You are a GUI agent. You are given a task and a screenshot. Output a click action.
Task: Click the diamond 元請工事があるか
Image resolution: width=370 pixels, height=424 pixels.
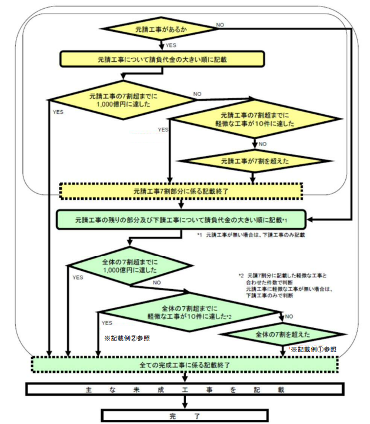coord(161,29)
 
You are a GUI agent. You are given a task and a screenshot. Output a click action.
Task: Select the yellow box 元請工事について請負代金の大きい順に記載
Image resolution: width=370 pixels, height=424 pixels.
coord(162,59)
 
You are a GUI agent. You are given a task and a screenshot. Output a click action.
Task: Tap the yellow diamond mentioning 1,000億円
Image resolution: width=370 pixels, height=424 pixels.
coord(123,100)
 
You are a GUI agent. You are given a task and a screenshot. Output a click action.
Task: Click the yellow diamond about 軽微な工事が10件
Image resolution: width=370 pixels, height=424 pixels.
coord(255,119)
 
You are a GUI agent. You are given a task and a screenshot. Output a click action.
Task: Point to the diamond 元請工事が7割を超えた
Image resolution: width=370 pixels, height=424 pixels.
coord(255,161)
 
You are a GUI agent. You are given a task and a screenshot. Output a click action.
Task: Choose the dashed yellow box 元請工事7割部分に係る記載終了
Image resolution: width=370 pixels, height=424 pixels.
coord(181,191)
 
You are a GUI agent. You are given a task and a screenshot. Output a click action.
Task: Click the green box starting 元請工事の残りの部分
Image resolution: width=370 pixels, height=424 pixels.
coord(181,220)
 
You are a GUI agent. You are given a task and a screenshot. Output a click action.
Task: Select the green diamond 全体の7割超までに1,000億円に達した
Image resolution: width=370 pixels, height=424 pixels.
coord(130,266)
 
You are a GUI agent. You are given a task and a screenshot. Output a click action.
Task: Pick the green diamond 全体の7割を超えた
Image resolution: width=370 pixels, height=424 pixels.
coord(282,334)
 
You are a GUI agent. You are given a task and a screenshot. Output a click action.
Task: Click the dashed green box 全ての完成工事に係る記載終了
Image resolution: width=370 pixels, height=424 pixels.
coord(185,365)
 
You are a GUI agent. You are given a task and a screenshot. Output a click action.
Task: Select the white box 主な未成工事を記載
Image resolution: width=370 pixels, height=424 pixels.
coord(185,389)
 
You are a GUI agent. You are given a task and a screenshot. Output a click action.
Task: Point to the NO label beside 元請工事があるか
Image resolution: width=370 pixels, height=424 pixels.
coord(220,25)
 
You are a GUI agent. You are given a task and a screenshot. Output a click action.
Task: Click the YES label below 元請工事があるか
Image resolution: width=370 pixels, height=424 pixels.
coord(171,45)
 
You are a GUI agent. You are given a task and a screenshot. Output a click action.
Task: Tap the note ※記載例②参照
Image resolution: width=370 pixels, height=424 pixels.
coord(127,338)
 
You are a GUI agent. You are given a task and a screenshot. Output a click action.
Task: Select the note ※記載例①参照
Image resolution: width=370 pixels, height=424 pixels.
coord(314,349)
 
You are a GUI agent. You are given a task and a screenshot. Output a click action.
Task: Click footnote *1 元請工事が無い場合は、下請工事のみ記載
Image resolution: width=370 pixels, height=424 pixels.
coord(251,235)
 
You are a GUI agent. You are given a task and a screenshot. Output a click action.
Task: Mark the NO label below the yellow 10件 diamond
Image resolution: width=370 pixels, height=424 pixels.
coord(262,144)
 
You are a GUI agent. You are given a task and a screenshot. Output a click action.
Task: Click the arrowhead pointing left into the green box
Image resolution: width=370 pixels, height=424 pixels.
coord(310,220)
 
